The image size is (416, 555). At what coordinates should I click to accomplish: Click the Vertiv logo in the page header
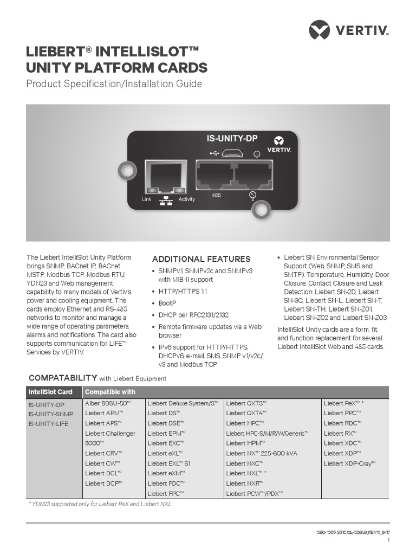pyautogui.click(x=349, y=29)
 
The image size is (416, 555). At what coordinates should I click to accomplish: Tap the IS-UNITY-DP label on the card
pyautogui.click(x=232, y=138)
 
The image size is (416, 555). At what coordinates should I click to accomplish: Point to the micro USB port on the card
pyautogui.click(x=232, y=153)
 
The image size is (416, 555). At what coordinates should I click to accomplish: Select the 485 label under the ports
pyautogui.click(x=216, y=195)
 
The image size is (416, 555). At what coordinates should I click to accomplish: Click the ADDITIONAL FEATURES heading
pyautogui.click(x=201, y=259)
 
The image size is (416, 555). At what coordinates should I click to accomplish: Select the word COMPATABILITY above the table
pyautogui.click(x=62, y=378)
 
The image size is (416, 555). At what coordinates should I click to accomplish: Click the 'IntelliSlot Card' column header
pyautogui.click(x=50, y=392)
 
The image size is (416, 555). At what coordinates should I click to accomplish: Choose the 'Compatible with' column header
pyautogui.click(x=110, y=392)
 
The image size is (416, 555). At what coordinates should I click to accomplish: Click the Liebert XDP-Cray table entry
pyautogui.click(x=349, y=463)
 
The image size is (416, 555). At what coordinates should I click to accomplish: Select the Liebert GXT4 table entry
pyautogui.click(x=246, y=413)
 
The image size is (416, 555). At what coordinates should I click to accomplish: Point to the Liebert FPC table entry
pyautogui.click(x=166, y=493)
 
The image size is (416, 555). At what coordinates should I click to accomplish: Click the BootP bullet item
pyautogui.click(x=167, y=304)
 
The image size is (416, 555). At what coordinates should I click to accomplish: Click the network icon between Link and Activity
pyautogui.click(x=166, y=201)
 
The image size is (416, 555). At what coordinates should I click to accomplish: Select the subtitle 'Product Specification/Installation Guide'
pyautogui.click(x=114, y=84)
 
